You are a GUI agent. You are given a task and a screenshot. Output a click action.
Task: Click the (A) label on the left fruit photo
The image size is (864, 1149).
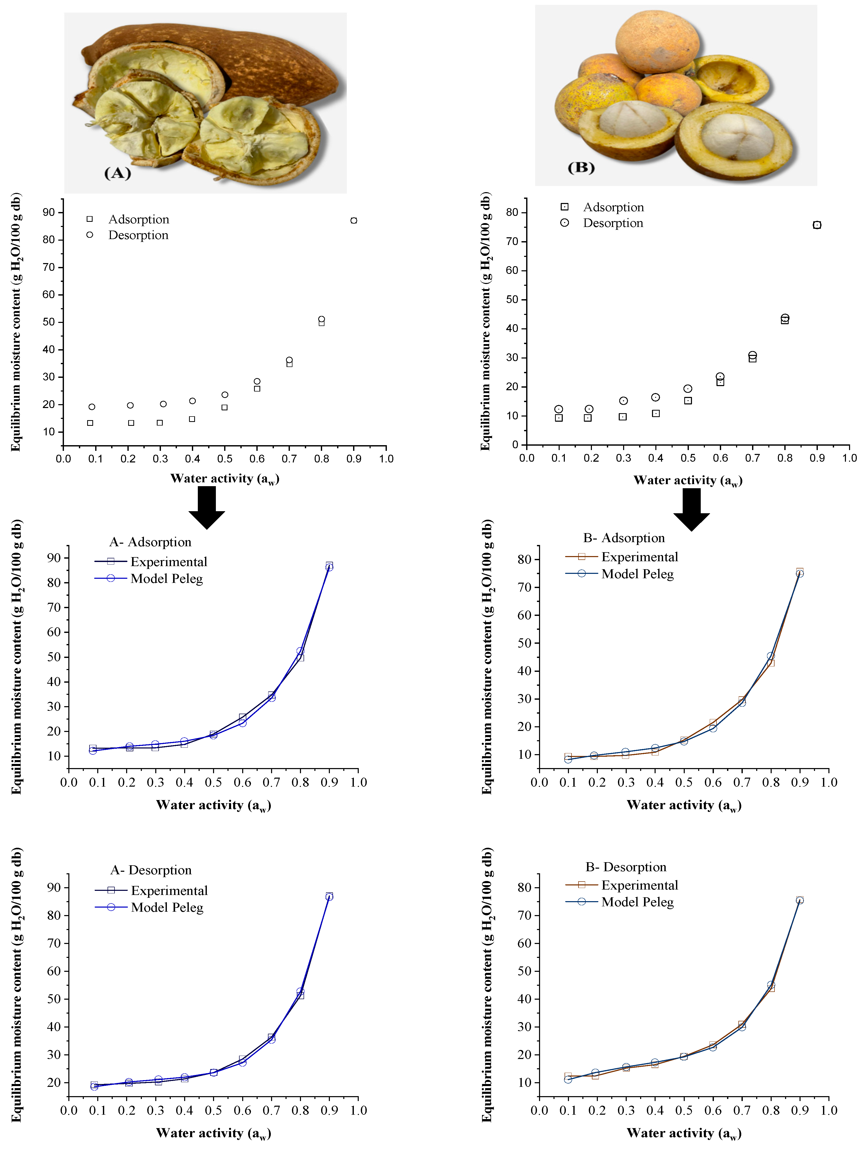(117, 173)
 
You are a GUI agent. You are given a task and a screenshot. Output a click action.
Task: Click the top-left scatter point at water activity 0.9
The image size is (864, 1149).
(354, 221)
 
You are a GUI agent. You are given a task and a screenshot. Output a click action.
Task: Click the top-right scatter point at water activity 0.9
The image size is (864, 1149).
(817, 225)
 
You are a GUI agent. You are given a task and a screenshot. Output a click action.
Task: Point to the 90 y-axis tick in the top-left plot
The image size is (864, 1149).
(49, 213)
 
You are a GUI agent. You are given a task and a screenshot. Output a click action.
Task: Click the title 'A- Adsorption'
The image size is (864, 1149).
(150, 542)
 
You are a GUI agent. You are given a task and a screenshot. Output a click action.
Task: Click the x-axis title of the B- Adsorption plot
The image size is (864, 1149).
(684, 805)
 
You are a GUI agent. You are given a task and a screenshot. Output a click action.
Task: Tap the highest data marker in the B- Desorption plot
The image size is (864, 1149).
(800, 900)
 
